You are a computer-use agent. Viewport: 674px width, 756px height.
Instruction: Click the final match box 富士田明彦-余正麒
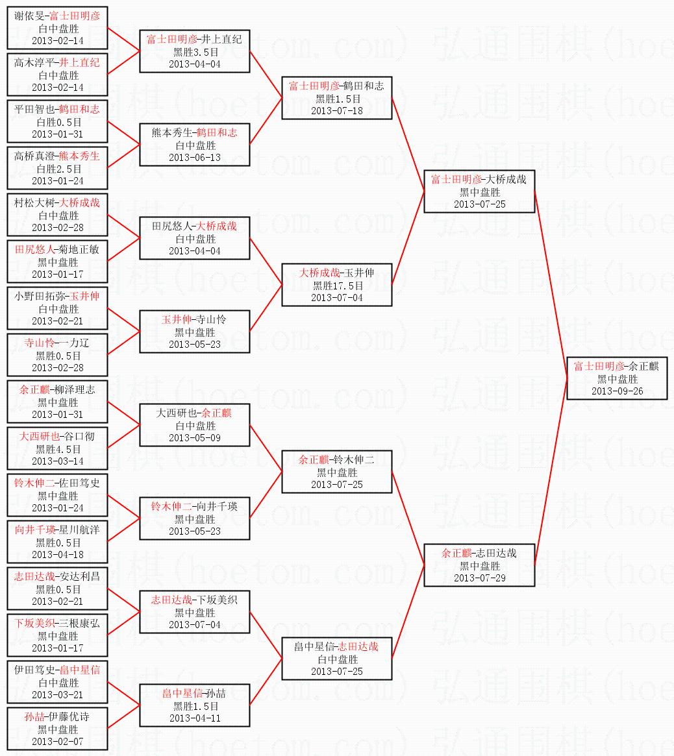click(x=617, y=378)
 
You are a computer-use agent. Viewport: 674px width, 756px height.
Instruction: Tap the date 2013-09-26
click(x=617, y=391)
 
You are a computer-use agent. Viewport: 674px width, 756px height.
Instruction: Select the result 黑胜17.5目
click(x=337, y=286)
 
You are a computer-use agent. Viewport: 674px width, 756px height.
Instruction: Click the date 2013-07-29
click(x=480, y=578)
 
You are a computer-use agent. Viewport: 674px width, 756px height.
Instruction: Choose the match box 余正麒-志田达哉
click(x=480, y=565)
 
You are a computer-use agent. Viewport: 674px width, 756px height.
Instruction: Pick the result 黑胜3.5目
click(x=195, y=52)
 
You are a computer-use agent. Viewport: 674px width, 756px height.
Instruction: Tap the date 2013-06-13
click(x=195, y=157)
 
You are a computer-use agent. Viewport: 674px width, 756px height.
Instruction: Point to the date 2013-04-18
click(x=57, y=554)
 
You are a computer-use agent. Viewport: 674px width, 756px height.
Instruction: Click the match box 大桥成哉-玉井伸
click(x=337, y=285)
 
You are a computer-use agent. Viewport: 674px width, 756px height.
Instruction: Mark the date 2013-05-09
click(x=195, y=438)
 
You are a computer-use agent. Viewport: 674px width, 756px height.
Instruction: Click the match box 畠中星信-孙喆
click(x=194, y=705)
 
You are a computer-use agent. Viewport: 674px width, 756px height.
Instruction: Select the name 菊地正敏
click(x=79, y=249)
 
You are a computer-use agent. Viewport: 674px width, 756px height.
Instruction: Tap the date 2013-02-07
click(x=57, y=742)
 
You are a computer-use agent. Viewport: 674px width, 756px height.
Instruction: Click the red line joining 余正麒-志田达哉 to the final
click(x=551, y=472)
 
